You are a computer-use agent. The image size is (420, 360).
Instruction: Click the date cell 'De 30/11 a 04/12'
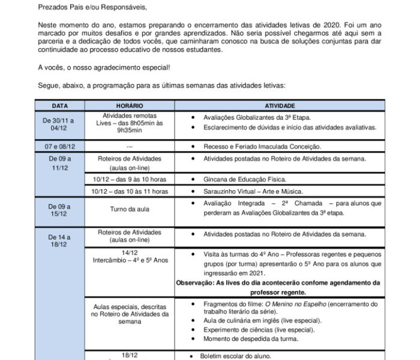tap(59, 124)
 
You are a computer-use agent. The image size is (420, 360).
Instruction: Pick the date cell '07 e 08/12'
tap(59, 146)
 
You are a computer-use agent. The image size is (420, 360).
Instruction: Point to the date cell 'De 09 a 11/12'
tap(59, 163)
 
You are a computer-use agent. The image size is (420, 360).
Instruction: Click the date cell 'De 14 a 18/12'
tap(59, 242)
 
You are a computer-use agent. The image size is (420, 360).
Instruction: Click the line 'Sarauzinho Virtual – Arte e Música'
tap(251, 191)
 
